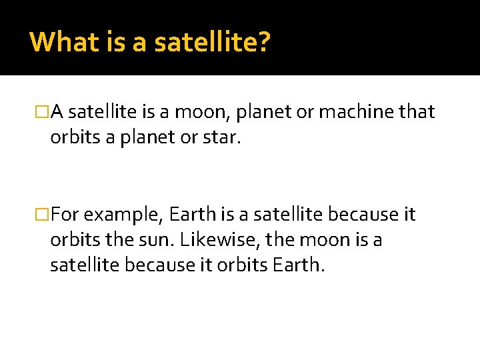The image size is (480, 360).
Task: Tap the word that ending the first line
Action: [417, 112]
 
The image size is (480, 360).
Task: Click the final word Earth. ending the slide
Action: [299, 265]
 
